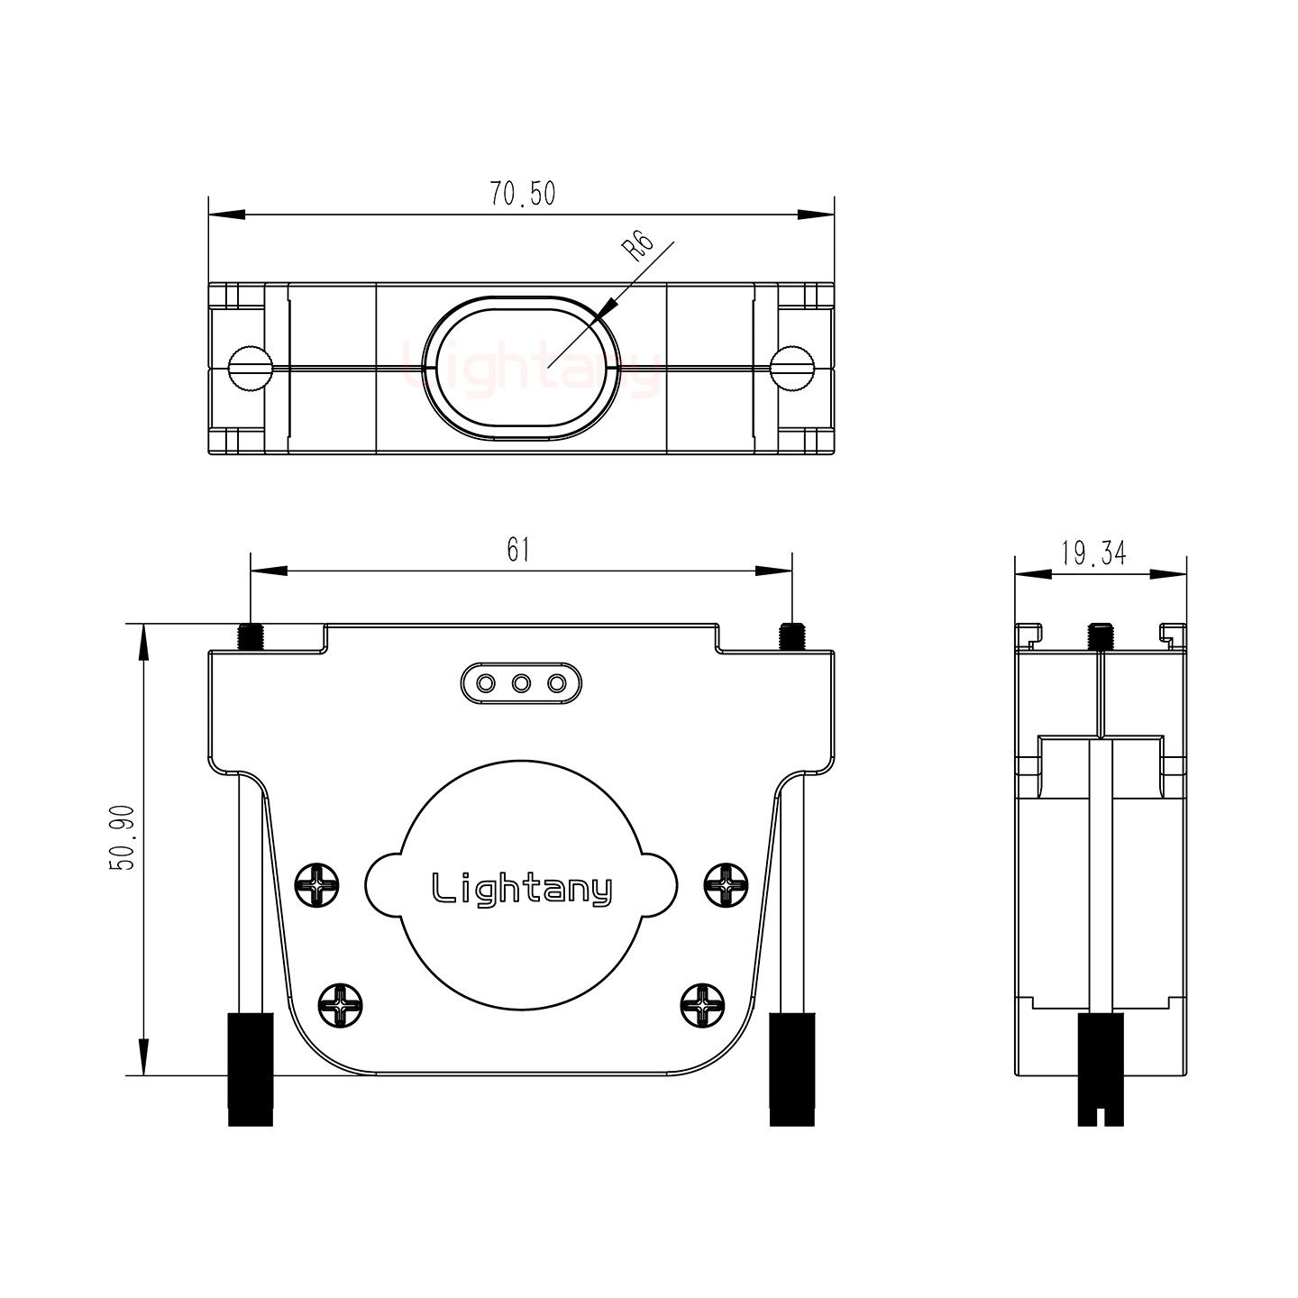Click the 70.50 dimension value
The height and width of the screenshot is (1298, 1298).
coord(522,194)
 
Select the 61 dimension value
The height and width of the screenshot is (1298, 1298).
coord(517,550)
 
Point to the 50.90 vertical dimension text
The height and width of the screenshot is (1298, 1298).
coord(122,837)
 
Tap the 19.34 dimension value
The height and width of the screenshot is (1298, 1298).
coord(1093,553)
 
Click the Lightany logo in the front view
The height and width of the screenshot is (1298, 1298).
coord(522,889)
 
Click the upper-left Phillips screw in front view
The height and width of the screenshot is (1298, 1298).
coord(317,884)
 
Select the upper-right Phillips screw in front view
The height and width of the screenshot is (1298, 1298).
coord(726,884)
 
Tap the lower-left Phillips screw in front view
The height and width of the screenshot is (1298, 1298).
coord(342,1005)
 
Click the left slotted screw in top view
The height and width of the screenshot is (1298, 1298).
coord(251,368)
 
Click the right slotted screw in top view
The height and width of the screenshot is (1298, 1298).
coord(792,368)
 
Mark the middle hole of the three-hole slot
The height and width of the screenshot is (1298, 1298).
coord(521,683)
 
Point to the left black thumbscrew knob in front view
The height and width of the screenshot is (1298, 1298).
coord(251,1069)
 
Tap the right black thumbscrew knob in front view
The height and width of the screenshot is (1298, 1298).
coord(792,1069)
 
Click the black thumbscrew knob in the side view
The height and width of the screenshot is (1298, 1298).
coord(1101,1069)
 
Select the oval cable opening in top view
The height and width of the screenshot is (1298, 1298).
coord(522,368)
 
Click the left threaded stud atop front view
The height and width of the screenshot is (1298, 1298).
coord(251,636)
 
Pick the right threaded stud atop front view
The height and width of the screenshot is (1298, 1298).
coord(792,636)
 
